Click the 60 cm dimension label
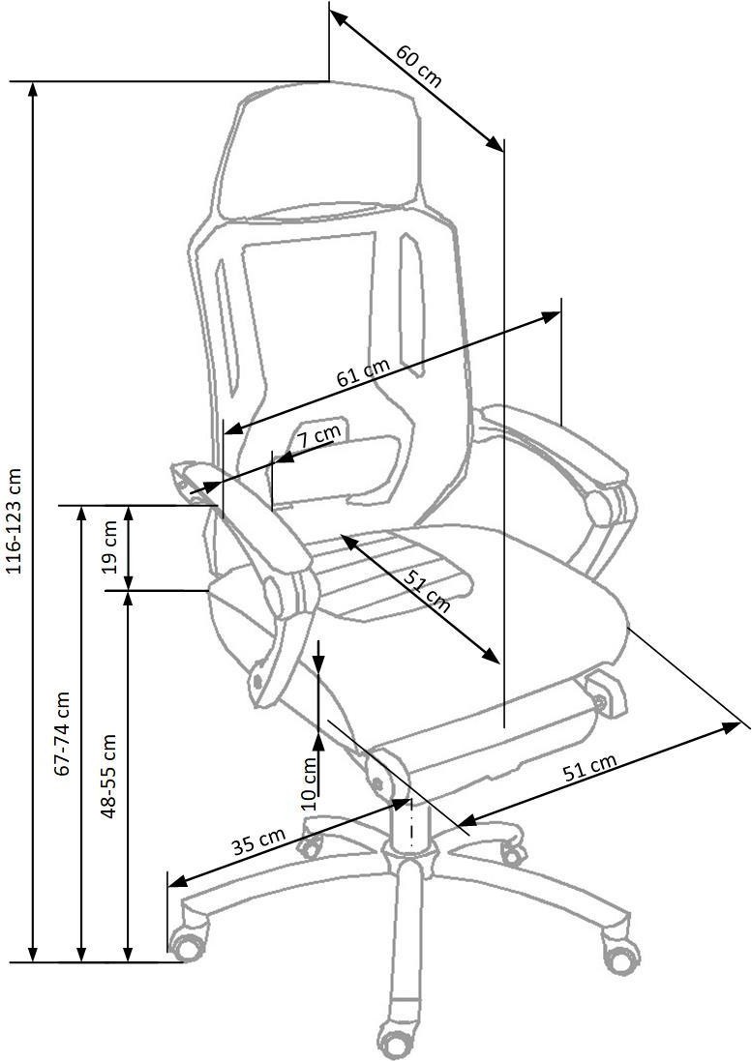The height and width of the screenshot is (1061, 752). tap(418, 66)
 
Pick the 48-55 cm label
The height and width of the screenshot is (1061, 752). tap(109, 776)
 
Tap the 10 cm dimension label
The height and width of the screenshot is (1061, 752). tap(309, 782)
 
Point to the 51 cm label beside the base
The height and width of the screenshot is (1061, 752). tap(589, 768)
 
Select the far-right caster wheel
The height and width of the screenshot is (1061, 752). tap(621, 955)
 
